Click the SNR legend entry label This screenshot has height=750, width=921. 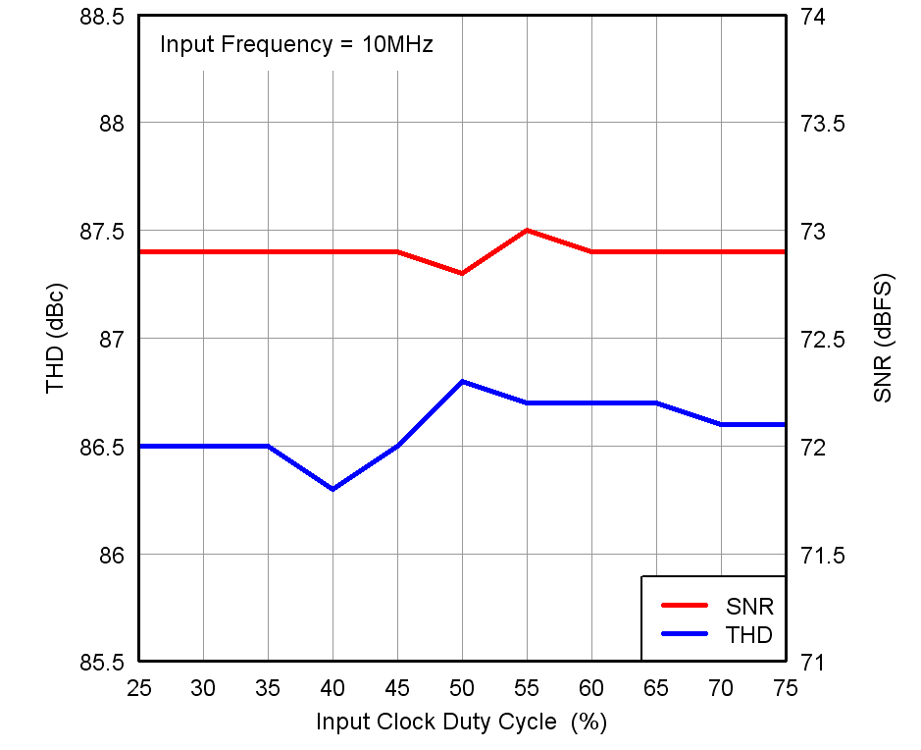[749, 606]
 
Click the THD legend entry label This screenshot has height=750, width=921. [749, 634]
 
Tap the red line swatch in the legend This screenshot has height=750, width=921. [685, 606]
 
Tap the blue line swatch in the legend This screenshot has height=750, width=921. [685, 634]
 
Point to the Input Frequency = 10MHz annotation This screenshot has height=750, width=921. [296, 44]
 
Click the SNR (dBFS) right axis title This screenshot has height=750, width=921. [883, 339]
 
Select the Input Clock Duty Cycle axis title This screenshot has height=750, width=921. [461, 723]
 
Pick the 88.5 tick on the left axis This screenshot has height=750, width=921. [103, 17]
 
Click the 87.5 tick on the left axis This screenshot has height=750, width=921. [103, 232]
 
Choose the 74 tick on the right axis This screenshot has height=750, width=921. [813, 17]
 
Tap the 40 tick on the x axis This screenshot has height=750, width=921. [333, 689]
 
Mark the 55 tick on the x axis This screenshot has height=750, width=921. [527, 689]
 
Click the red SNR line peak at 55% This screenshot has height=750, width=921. [527, 230]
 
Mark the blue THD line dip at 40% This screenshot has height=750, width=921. [333, 489]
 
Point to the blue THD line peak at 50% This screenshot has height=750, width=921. [462, 381]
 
